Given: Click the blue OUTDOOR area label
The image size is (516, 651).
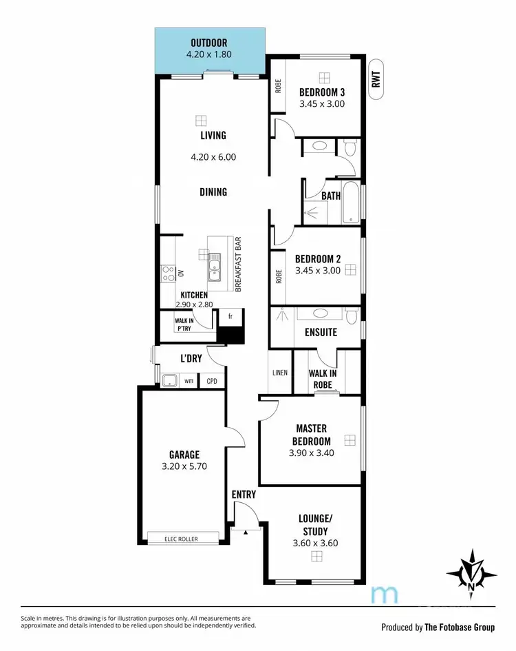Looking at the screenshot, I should click(208, 43).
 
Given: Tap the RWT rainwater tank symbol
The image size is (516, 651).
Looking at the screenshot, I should click(376, 82).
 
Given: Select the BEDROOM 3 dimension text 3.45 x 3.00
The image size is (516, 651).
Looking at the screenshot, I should click(321, 104).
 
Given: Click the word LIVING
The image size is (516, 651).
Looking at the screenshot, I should click(213, 136).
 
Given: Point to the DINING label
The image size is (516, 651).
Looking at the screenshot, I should click(213, 192).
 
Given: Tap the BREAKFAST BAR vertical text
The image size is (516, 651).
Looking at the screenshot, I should click(238, 265).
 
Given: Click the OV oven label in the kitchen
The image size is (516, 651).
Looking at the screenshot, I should click(182, 273).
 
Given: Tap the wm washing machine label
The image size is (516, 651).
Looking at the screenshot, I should click(188, 381).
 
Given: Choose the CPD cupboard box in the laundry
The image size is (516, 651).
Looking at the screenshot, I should click(211, 381).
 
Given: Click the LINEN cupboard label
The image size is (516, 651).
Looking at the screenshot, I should click(279, 373).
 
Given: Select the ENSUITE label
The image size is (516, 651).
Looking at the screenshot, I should click(321, 332).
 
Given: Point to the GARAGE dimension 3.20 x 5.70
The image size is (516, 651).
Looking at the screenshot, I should click(184, 466).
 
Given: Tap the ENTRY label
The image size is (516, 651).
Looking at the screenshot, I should click(244, 495).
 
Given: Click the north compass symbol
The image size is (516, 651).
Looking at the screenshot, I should click(471, 570).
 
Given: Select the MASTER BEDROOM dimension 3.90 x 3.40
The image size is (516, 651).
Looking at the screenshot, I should click(312, 453).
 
